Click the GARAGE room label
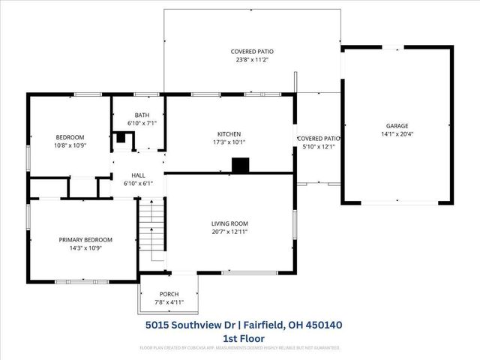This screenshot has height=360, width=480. (x=397, y=125)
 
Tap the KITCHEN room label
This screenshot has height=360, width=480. (x=229, y=133)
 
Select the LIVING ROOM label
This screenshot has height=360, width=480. (x=229, y=223)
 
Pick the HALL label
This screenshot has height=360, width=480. (x=138, y=175)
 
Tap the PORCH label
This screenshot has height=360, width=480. (x=169, y=294)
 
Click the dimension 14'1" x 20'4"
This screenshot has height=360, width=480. (x=397, y=135)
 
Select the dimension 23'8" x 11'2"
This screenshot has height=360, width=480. (x=252, y=61)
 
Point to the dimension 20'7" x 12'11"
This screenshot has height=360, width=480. (x=229, y=232)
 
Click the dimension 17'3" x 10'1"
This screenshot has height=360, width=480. (x=229, y=142)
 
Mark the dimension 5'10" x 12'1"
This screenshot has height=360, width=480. (x=319, y=146)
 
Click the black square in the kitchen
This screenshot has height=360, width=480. (x=240, y=166)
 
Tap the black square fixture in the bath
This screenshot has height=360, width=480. (x=121, y=138)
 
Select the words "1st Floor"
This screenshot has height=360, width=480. (x=244, y=338)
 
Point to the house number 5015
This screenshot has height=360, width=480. (x=158, y=325)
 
